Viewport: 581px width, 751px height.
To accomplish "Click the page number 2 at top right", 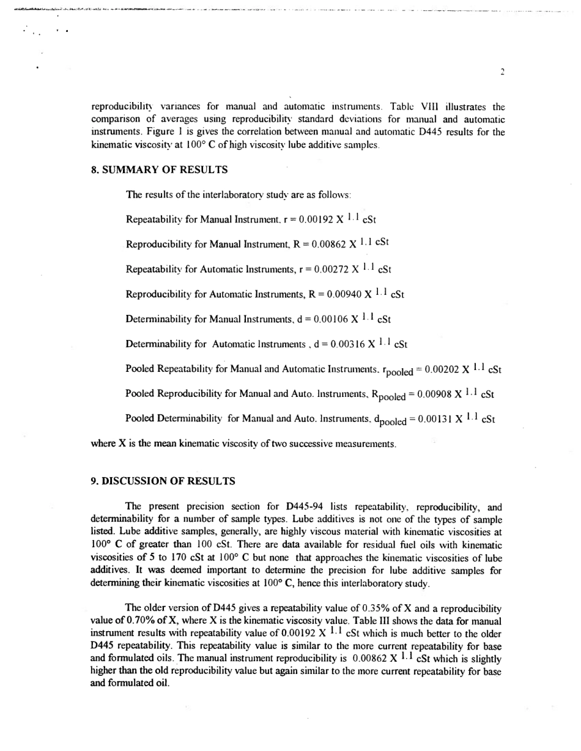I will click(501, 72).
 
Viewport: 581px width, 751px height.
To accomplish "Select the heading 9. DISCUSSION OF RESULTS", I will click(163, 481).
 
